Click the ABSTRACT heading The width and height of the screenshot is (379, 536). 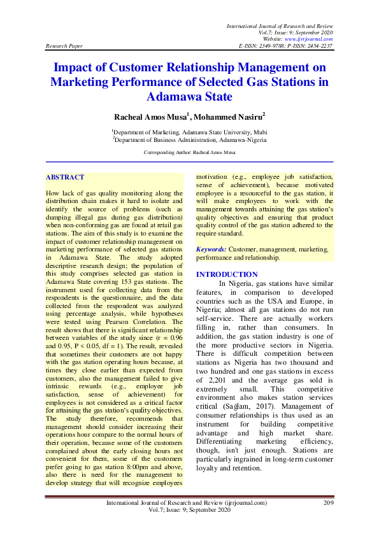(x=66, y=176)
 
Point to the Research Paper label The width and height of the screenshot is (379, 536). (x=64, y=46)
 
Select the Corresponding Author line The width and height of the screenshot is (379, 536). (x=189, y=153)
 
